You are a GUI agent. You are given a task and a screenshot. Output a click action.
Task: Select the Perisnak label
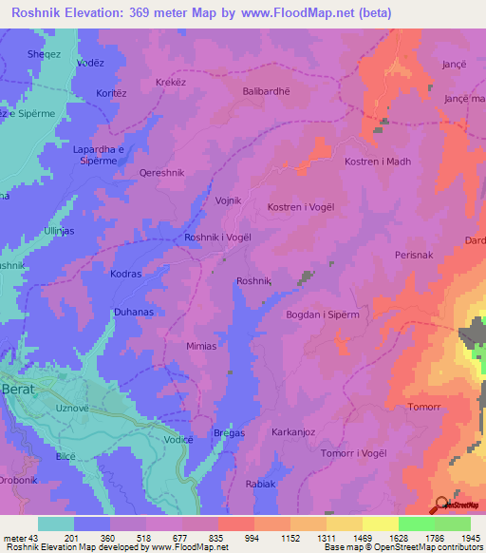click(415, 256)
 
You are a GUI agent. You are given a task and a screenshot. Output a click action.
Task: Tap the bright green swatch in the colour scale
click(416, 524)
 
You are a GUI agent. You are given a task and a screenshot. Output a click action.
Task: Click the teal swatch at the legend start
click(56, 524)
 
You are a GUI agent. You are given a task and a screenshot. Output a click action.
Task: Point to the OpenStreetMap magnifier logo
click(440, 505)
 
